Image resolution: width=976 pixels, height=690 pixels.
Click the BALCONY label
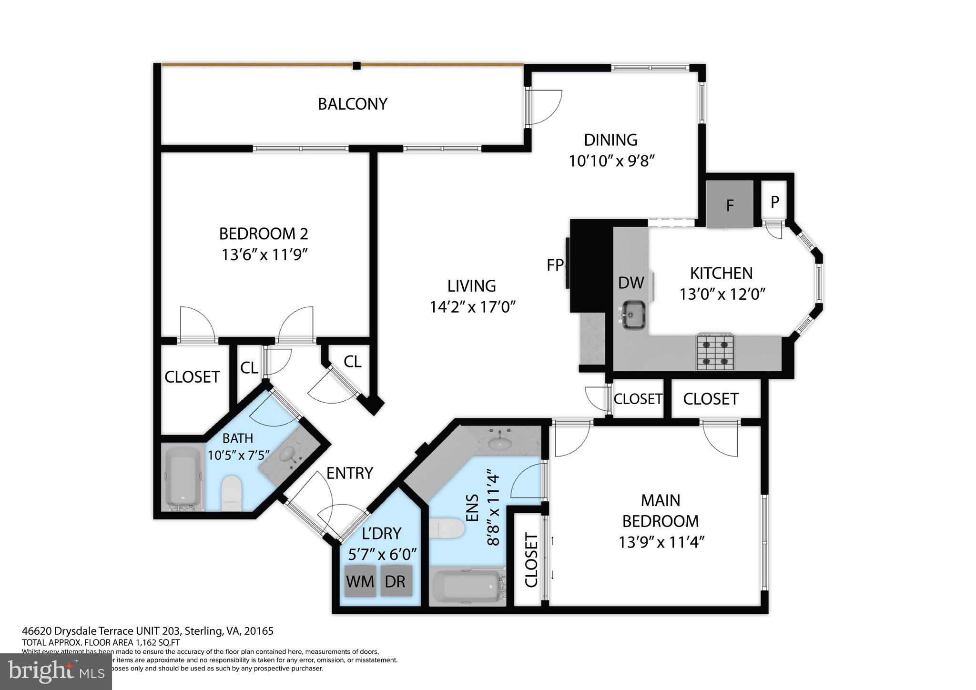[352, 104]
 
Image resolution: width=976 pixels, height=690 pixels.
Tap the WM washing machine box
[360, 581]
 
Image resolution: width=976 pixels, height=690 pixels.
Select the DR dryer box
[395, 581]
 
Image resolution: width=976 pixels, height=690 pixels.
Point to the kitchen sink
[633, 315]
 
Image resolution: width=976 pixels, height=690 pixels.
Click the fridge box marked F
[729, 204]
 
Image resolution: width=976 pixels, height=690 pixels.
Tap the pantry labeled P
[775, 202]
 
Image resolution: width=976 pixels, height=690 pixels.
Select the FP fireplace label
[555, 265]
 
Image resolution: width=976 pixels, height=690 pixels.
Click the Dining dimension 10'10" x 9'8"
[610, 161]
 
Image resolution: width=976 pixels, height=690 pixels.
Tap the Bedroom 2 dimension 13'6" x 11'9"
[264, 255]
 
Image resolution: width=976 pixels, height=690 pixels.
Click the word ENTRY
[349, 473]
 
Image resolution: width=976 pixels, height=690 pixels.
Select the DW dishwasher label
[630, 283]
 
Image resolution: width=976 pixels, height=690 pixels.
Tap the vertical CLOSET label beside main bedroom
[531, 560]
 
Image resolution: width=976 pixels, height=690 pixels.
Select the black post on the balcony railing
[356, 66]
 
